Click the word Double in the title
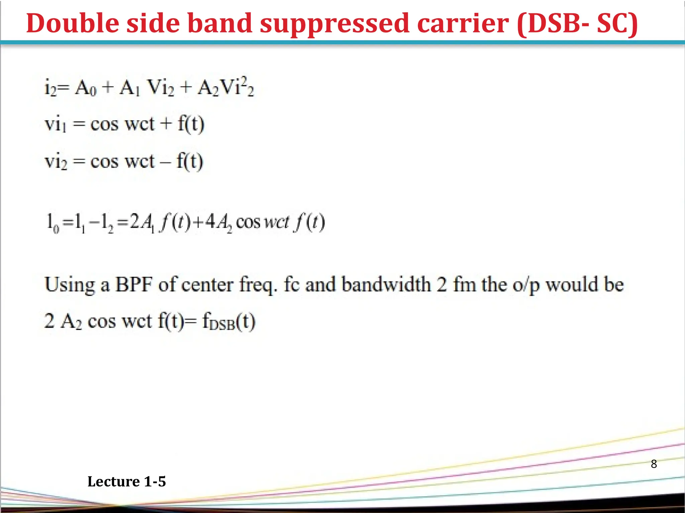72,23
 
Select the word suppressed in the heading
334,23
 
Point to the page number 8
654,464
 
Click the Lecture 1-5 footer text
126,482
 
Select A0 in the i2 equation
86,88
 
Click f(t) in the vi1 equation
191,124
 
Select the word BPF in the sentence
134,285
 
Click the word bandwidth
386,285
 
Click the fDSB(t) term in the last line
229,322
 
